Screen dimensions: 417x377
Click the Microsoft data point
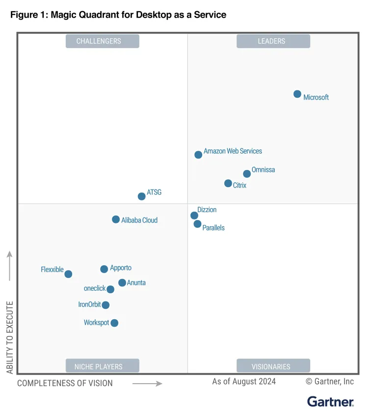pos(297,94)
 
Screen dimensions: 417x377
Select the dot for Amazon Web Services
pos(198,155)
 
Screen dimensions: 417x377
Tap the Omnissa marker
pos(247,174)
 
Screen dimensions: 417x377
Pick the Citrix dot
pos(228,183)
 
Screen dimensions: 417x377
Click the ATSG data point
pos(142,196)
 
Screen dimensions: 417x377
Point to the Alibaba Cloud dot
pos(116,220)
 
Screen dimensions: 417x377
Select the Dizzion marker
pos(194,216)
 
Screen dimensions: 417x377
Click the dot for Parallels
pos(197,224)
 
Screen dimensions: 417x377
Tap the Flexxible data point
pos(68,274)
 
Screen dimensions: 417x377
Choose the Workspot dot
pos(114,323)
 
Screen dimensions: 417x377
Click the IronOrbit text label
pos(89,305)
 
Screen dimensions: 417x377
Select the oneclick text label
pos(95,288)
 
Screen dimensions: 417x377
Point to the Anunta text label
pos(136,283)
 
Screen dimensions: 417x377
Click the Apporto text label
pos(121,268)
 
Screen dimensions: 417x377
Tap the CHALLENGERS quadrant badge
pos(102,41)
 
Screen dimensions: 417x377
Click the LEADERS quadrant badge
pos(273,41)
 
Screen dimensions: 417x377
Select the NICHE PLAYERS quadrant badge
pos(102,366)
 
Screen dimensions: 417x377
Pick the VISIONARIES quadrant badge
pos(273,366)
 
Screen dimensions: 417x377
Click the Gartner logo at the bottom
pos(330,401)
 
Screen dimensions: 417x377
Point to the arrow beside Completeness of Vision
pos(147,383)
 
